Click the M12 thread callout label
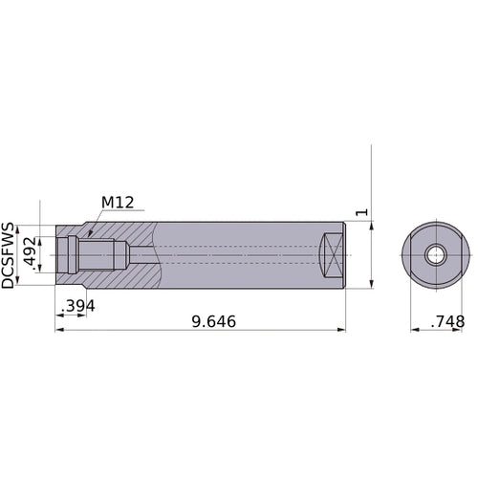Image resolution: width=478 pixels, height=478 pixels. click(x=117, y=203)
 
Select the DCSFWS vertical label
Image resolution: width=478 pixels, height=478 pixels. click(x=9, y=255)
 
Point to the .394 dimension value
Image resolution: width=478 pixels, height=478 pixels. click(x=77, y=305)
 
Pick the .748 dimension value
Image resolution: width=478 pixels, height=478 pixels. click(x=446, y=322)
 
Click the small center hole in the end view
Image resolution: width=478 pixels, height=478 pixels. click(x=436, y=255)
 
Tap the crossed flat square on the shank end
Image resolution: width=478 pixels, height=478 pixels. click(x=330, y=255)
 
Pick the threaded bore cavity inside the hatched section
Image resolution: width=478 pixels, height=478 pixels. click(x=96, y=255)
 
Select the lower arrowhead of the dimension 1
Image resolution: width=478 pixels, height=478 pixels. click(x=371, y=284)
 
